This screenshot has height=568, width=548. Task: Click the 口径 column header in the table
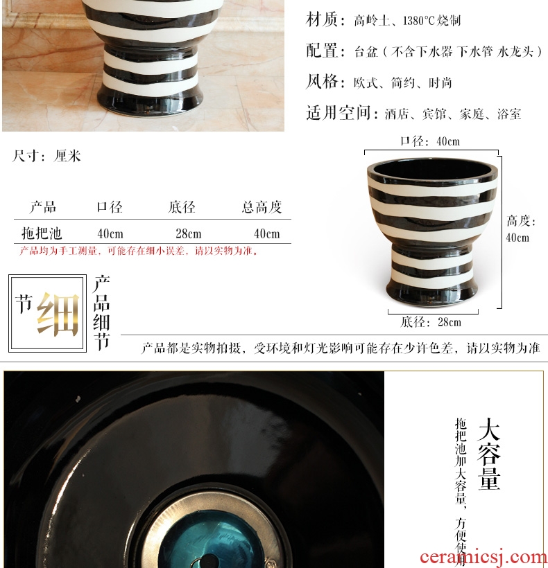coord(110,207)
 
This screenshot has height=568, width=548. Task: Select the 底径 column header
coord(182,207)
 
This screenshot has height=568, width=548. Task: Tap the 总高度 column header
coord(262,207)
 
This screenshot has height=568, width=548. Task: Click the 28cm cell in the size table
coord(189,233)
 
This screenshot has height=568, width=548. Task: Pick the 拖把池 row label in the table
coord(42,233)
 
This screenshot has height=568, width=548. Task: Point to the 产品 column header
coord(43,207)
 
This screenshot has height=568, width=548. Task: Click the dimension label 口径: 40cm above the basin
coord(430,141)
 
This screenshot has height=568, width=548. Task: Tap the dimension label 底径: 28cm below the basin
coord(431,321)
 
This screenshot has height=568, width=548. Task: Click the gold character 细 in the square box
coord(58,314)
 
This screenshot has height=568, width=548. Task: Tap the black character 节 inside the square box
coord(24,303)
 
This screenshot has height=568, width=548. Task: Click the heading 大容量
coord(489,454)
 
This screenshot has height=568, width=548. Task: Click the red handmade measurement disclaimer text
coord(139,251)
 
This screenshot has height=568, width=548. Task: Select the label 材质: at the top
coord(326,19)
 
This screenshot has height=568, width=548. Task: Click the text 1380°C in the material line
coord(418,21)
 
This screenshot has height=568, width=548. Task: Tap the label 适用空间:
coord(339,113)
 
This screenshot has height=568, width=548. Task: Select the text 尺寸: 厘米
coord(46,156)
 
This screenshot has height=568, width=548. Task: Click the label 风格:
coord(326,82)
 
